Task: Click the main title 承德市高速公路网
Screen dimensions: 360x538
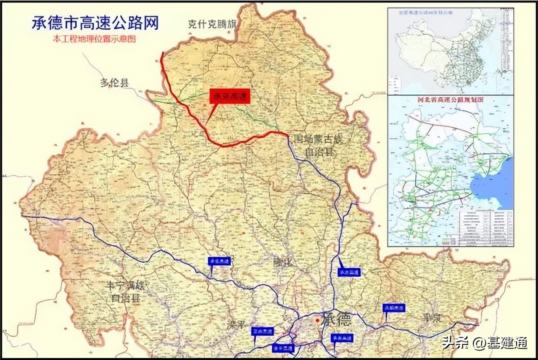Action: pyautogui.click(x=95, y=23)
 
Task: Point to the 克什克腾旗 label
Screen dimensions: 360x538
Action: pyautogui.click(x=213, y=24)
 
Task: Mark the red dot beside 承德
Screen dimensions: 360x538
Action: pyautogui.click(x=317, y=320)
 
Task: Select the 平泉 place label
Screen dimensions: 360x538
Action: pyautogui.click(x=432, y=318)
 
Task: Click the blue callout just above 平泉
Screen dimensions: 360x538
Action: pyautogui.click(x=394, y=308)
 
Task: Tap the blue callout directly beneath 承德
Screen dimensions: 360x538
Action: pyautogui.click(x=341, y=338)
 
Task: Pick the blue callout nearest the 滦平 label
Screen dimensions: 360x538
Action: pyautogui.click(x=263, y=331)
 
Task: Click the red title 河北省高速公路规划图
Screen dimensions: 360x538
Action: pyautogui.click(x=450, y=100)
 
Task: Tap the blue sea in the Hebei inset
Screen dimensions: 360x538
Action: pyautogui.click(x=494, y=185)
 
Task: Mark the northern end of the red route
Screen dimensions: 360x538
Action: pyautogui.click(x=163, y=53)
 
